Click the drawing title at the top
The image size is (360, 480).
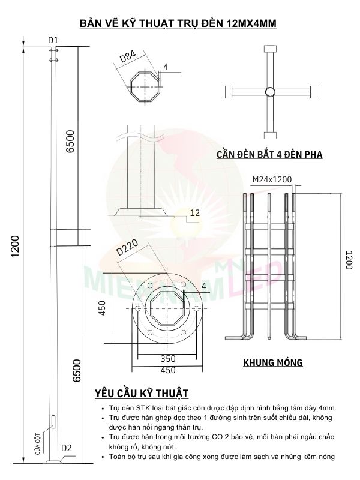pyautogui.click(x=180, y=24)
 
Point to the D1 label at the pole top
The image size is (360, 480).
pyautogui.click(x=53, y=40)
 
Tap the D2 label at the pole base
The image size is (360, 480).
pyautogui.click(x=67, y=447)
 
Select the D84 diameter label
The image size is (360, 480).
pyautogui.click(x=128, y=58)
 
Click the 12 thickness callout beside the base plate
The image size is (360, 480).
pyautogui.click(x=194, y=212)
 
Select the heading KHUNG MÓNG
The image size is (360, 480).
pyautogui.click(x=272, y=362)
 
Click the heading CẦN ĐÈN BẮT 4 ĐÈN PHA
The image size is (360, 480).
pyautogui.click(x=269, y=154)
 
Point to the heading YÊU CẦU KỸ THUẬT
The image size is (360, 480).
pyautogui.click(x=142, y=394)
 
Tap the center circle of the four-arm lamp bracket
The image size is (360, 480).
pyautogui.click(x=269, y=92)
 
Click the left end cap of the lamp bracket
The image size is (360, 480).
pyautogui.click(x=228, y=92)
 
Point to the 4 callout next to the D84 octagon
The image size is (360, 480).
pyautogui.click(x=166, y=67)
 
